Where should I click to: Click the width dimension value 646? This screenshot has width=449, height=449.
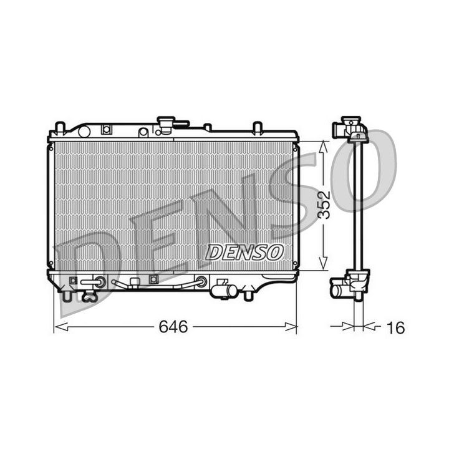point(173,327)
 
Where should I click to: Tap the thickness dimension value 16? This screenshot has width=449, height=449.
point(395,327)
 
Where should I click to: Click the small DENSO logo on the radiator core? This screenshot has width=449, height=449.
point(244,252)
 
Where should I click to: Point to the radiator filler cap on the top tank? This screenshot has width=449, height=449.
point(167,123)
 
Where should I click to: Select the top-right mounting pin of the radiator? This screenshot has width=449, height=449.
point(256,128)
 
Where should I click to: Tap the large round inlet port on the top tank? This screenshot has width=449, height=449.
point(85,131)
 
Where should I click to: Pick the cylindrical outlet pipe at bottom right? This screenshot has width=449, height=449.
point(224,290)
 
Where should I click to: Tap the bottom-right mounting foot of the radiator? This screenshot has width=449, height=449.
point(250,292)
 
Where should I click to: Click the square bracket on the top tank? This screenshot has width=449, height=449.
point(106,130)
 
